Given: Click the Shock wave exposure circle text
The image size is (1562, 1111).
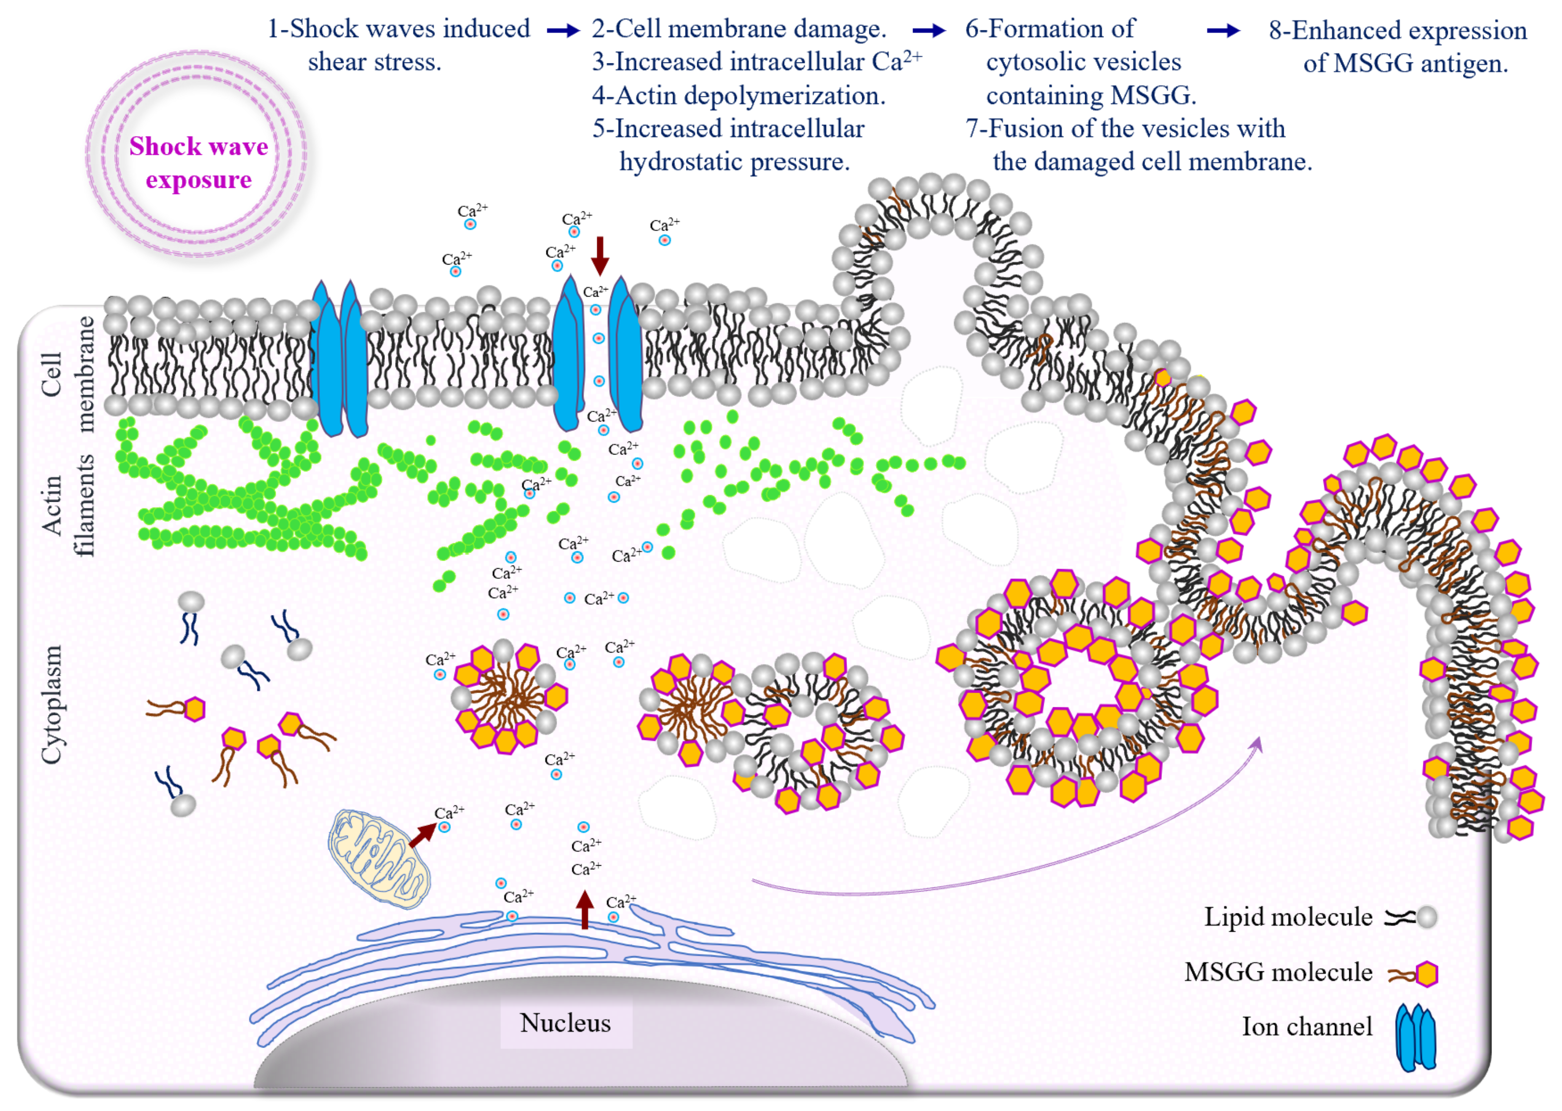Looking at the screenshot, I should tap(199, 163).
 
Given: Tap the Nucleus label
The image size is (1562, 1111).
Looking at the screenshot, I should tap(565, 1023).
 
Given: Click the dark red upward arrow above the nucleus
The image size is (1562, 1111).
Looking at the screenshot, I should tap(584, 908).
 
